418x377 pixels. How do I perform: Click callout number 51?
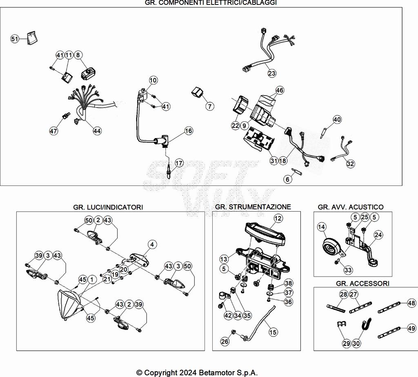coord(15,39)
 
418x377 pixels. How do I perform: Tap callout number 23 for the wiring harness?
coord(272,74)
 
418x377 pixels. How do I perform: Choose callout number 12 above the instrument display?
coord(278,219)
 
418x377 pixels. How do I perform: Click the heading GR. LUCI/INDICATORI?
coord(108,207)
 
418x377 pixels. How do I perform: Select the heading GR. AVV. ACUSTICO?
coord(351,207)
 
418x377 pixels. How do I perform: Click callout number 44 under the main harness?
coord(97,131)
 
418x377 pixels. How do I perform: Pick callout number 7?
coord(209,107)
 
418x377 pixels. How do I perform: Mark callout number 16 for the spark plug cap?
coord(188,131)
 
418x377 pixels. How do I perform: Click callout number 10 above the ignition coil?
coord(153,80)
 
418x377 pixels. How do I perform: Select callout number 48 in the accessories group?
coord(411,303)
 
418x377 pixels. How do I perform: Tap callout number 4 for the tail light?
coord(152,245)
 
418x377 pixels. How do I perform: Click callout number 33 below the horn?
coord(348,270)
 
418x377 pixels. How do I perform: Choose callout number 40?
coord(337,120)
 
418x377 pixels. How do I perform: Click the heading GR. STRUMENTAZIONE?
coord(253,207)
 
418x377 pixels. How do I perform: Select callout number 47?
coord(53,131)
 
